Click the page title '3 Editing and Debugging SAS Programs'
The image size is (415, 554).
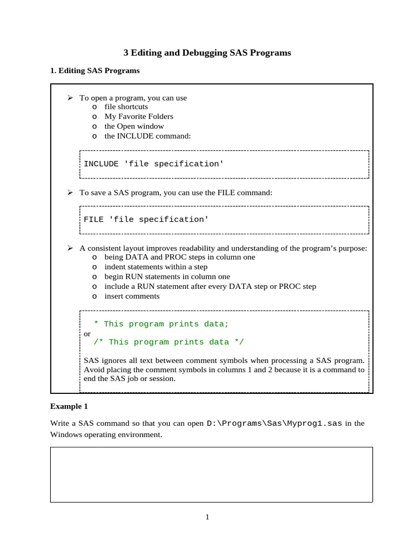pyautogui.click(x=207, y=53)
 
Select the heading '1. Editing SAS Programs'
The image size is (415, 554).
pyautogui.click(x=95, y=71)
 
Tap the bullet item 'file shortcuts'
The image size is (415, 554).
pyautogui.click(x=126, y=107)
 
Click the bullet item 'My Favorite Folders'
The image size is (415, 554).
pyautogui.click(x=139, y=116)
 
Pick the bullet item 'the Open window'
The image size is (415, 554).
pyautogui.click(x=134, y=126)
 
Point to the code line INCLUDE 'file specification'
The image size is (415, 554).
pyautogui.click(x=153, y=164)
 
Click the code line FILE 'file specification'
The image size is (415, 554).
pyautogui.click(x=146, y=220)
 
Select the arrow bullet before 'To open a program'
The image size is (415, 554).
pyautogui.click(x=70, y=97)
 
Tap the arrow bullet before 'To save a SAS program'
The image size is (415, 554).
pyautogui.click(x=70, y=192)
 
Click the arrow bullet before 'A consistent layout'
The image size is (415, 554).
pyautogui.click(x=70, y=248)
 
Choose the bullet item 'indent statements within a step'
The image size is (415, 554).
pyautogui.click(x=156, y=267)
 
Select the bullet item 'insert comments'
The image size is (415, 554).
pyautogui.click(x=132, y=296)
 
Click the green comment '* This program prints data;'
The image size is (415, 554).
pyautogui.click(x=161, y=324)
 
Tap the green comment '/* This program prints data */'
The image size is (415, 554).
pyautogui.click(x=169, y=342)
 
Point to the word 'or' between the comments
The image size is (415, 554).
pyautogui.click(x=87, y=333)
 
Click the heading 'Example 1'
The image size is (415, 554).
pyautogui.click(x=69, y=406)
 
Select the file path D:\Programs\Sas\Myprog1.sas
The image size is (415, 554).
pyautogui.click(x=274, y=424)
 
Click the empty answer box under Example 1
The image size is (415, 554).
pyautogui.click(x=211, y=474)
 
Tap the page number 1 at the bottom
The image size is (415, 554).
pyautogui.click(x=207, y=517)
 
